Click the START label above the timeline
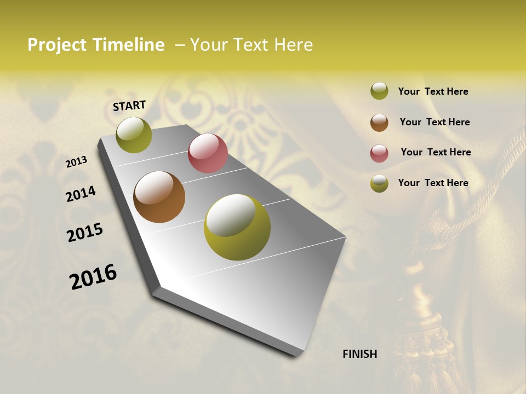tap(129, 106)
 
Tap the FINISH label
tap(359, 354)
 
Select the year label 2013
tap(76, 162)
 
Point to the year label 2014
tap(81, 194)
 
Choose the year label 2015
tap(84, 233)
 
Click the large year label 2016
tap(93, 276)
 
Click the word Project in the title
tap(58, 45)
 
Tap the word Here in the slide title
tap(293, 45)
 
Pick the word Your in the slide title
tap(209, 45)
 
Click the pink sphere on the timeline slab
tap(208, 153)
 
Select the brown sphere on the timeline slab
tap(159, 197)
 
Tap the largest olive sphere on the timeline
tap(237, 227)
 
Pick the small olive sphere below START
tap(134, 135)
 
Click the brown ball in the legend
tap(379, 123)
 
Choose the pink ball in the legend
tap(379, 153)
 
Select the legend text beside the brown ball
tap(434, 122)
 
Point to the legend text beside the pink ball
tap(436, 152)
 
